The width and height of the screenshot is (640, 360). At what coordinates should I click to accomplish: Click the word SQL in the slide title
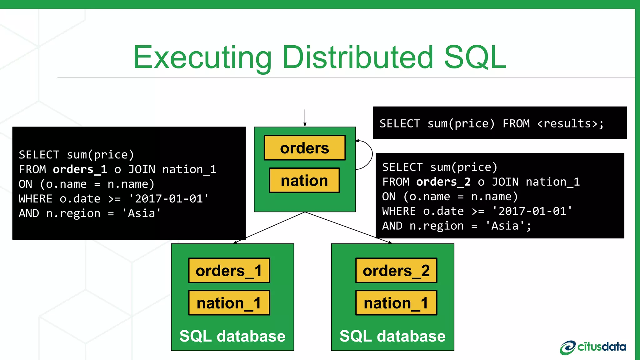(x=475, y=57)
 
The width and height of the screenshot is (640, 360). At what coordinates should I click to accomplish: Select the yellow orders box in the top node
(x=305, y=148)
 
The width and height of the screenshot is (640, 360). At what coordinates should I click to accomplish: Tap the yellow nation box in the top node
(x=304, y=181)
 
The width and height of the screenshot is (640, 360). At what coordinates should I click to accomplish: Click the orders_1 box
(x=229, y=271)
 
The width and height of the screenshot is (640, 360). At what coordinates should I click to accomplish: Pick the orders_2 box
(x=396, y=271)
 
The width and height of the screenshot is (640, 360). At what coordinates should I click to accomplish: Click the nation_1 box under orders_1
(x=229, y=303)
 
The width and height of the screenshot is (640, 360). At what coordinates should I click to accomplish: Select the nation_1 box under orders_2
(x=396, y=303)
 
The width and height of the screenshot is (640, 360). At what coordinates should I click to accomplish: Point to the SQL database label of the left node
(x=232, y=336)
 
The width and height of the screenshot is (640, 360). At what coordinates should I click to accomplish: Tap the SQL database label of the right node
(x=392, y=336)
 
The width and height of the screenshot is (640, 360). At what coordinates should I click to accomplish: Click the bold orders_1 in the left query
(x=80, y=169)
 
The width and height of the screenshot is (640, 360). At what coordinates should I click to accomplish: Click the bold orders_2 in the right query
(x=443, y=182)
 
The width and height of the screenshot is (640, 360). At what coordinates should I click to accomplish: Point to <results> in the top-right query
(x=567, y=124)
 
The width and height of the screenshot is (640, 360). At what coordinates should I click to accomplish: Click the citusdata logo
(x=593, y=347)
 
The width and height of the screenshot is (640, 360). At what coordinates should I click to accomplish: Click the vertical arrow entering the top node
(x=305, y=117)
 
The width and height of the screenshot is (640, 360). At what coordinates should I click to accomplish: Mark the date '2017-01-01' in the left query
(x=169, y=199)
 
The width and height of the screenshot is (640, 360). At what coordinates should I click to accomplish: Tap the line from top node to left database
(x=269, y=227)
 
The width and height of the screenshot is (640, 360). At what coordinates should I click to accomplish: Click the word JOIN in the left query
(x=142, y=169)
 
